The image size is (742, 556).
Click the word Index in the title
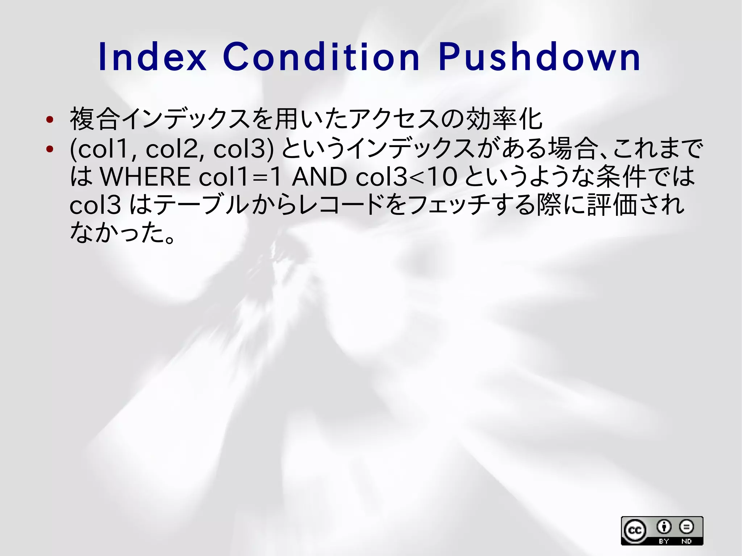pos(152,57)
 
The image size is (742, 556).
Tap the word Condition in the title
pos(321,57)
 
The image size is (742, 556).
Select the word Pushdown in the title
pos(539,57)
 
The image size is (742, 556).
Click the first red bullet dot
pos(50,119)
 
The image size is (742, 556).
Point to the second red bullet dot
pos(50,149)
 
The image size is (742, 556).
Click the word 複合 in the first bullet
pos(95,119)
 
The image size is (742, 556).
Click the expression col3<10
pos(406,177)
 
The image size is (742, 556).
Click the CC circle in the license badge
pos(634,531)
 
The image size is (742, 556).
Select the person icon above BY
pos(664,527)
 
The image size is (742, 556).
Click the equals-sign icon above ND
pos(686,527)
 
